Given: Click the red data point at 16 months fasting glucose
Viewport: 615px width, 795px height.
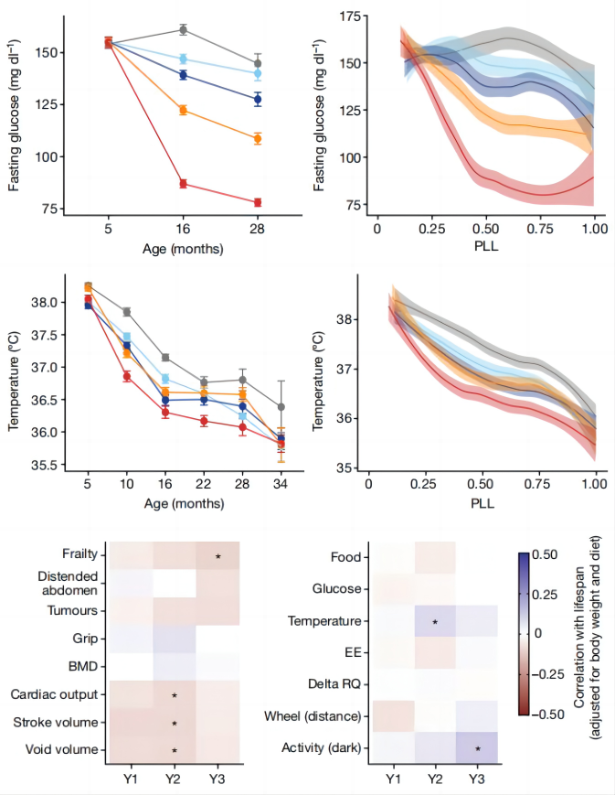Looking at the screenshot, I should (183, 184).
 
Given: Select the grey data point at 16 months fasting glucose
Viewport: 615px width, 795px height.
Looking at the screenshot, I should (183, 30).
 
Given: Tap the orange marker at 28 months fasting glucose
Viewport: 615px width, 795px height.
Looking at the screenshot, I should (258, 139).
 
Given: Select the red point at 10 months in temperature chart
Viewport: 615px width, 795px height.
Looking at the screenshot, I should (126, 376).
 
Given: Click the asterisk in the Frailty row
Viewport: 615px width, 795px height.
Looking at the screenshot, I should (217, 556).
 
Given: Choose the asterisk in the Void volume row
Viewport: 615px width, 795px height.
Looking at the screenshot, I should (174, 751).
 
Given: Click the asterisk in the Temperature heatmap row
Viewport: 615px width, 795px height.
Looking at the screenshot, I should (435, 623).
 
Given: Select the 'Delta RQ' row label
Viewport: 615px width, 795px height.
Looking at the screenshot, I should (334, 683).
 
